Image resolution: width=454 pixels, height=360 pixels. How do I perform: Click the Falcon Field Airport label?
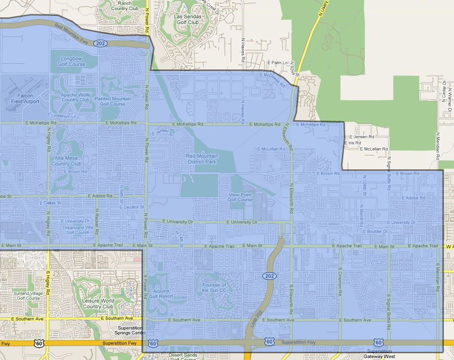point(22,98)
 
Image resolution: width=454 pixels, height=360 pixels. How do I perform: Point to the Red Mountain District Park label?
point(202,159)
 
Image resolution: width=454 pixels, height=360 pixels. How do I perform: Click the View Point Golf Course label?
point(240,197)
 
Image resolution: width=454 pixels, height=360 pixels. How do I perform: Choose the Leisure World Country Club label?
point(98,304)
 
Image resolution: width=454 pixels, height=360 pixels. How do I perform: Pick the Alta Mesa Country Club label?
point(67,161)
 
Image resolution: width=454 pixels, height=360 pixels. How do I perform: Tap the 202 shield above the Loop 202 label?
point(270,276)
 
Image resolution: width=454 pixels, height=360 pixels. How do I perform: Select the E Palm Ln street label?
point(278,63)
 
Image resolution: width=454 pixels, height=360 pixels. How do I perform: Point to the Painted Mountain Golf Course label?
point(113,101)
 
